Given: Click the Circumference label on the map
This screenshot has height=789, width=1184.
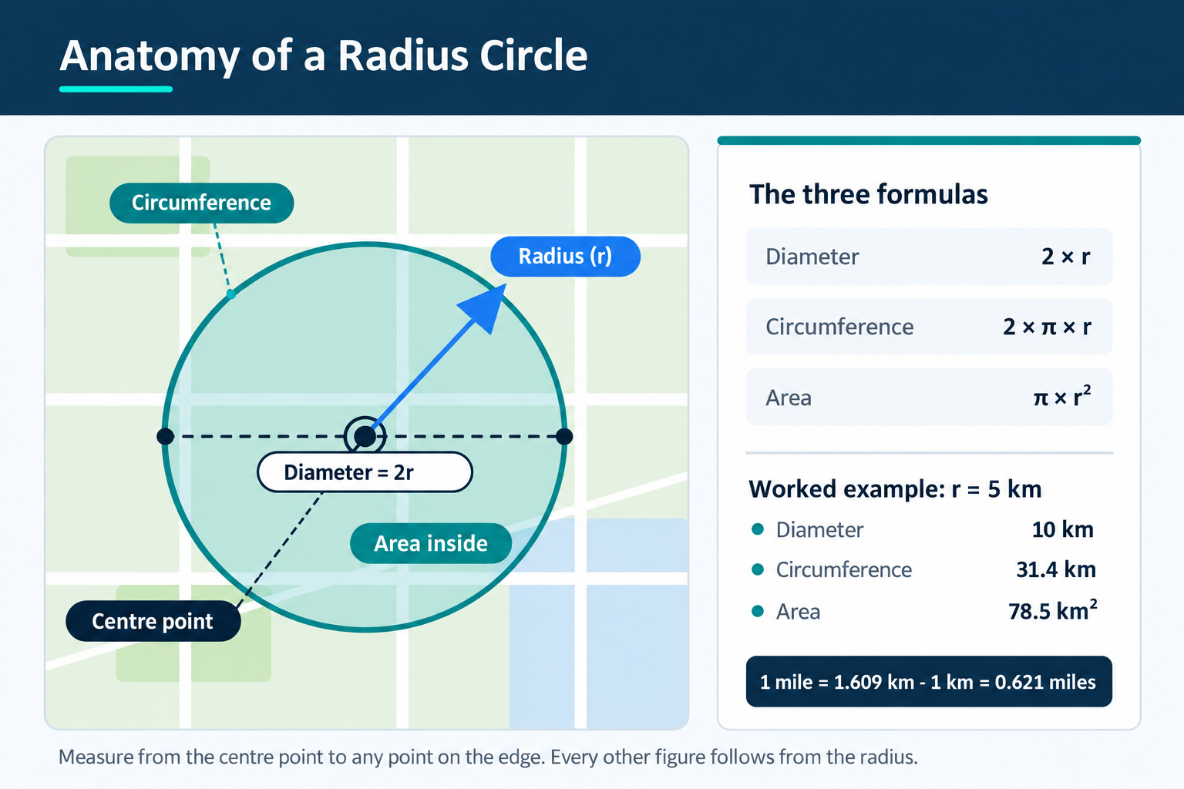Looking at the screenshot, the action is coord(201,203).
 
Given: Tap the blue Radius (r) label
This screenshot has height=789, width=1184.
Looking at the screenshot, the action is coord(565,257).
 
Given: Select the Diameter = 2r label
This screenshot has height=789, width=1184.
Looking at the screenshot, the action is coord(365,472).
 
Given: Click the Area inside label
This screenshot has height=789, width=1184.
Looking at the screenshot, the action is coord(431,543).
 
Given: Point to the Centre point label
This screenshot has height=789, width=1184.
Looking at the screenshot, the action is coord(153,621).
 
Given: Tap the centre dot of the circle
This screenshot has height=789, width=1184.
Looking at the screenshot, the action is coord(365,437).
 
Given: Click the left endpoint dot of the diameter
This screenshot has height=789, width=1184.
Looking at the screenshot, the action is coord(166,437).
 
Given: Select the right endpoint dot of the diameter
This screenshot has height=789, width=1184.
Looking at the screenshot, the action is coord(564,437).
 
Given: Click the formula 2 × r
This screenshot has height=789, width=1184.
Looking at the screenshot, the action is coord(1065,257).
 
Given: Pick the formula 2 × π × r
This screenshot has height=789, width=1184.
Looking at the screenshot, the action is coord(1047,327).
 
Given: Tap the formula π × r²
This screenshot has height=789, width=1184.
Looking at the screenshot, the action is coord(1062,396).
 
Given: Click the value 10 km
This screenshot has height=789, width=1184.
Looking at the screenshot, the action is coord(1062,529).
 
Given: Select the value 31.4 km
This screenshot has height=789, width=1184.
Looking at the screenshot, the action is coord(1055,569).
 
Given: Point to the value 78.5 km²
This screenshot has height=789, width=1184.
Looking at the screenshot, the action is coord(1052,610).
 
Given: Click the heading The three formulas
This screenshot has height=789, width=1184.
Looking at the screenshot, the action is coord(869,194).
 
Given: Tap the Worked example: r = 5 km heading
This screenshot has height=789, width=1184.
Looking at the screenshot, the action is coord(895,489).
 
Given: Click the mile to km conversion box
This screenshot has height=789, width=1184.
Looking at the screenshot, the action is coord(929,682).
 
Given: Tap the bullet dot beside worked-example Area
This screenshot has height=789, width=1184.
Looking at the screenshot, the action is coord(758,612).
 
